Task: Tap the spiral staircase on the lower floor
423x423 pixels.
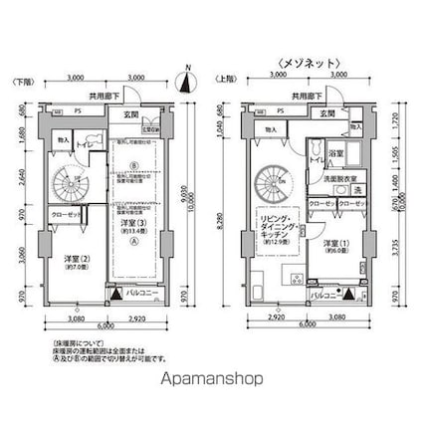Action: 71,181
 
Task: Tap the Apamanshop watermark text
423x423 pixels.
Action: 211,379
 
